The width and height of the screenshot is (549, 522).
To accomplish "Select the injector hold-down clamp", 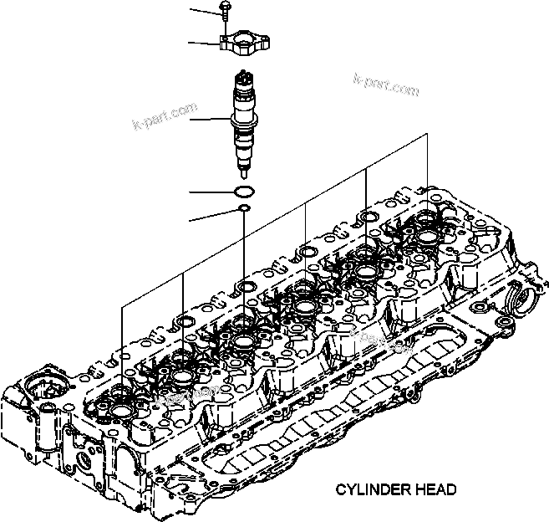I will tap(244, 43).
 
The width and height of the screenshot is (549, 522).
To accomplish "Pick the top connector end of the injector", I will tap(243, 79).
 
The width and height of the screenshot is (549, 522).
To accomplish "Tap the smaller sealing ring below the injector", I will tap(243, 209).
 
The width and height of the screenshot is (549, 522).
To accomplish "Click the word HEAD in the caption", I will tap(437, 490).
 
